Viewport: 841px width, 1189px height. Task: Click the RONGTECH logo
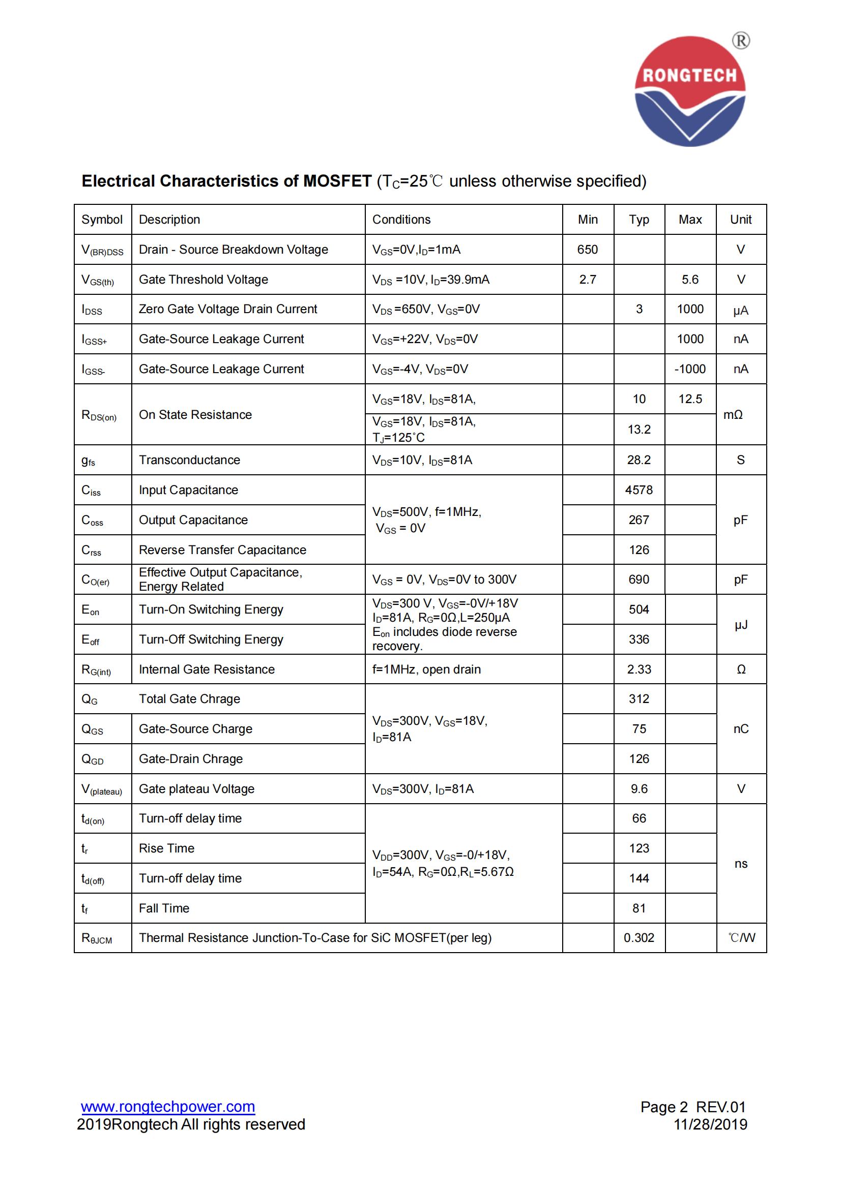[x=690, y=92]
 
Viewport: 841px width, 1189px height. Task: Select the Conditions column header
[x=401, y=220]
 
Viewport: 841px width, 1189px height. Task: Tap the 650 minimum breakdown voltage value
[x=587, y=250]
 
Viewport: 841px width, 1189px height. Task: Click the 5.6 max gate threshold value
[x=690, y=280]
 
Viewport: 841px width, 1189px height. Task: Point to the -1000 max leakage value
[x=690, y=369]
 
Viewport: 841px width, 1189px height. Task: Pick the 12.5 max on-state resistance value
[x=690, y=399]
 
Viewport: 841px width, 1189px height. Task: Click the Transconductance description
[x=189, y=460]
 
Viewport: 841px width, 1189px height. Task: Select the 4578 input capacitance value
[x=639, y=490]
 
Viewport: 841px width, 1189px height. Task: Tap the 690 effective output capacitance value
[x=639, y=580]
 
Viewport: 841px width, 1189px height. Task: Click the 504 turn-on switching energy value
[x=639, y=609]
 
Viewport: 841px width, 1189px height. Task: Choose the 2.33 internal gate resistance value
[x=639, y=669]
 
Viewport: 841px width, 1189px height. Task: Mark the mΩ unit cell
[x=733, y=415]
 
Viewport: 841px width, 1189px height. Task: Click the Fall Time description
[x=164, y=908]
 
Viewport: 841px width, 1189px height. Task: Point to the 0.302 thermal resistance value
[x=639, y=938]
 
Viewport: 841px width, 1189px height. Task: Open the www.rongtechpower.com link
[x=168, y=1107]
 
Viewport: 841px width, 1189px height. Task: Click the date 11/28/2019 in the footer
[x=710, y=1125]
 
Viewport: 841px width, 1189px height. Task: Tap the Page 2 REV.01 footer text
[x=692, y=1107]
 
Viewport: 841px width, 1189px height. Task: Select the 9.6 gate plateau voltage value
[x=639, y=789]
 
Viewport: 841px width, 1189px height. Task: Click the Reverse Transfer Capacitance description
[x=222, y=550]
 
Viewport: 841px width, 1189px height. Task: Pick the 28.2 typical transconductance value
[x=639, y=460]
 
